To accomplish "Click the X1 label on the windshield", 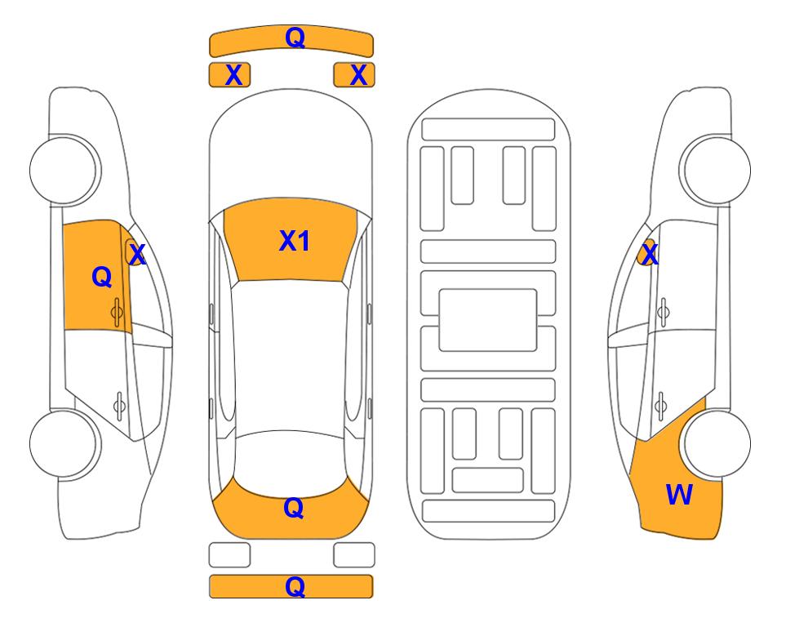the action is coord(295,241).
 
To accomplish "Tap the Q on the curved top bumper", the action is coord(295,38).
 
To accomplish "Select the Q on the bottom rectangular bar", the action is coord(295,586).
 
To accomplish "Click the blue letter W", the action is coord(679,495).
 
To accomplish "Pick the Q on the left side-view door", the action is coord(102,277).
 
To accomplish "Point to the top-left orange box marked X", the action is coord(229,75).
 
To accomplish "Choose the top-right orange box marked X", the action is coord(354,75).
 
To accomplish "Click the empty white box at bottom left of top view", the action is coord(229,555).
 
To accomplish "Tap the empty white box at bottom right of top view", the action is coord(354,555).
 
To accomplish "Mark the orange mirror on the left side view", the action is coord(133,251).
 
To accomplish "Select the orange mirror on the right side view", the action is coord(646,252).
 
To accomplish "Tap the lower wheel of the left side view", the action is coord(63,443).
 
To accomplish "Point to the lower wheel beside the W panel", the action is coord(717,443).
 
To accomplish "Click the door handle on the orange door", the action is coord(117,313).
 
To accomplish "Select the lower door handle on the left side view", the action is coord(119,405).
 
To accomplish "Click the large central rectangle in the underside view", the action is coord(488,320).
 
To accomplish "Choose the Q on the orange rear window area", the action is coord(293,508).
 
